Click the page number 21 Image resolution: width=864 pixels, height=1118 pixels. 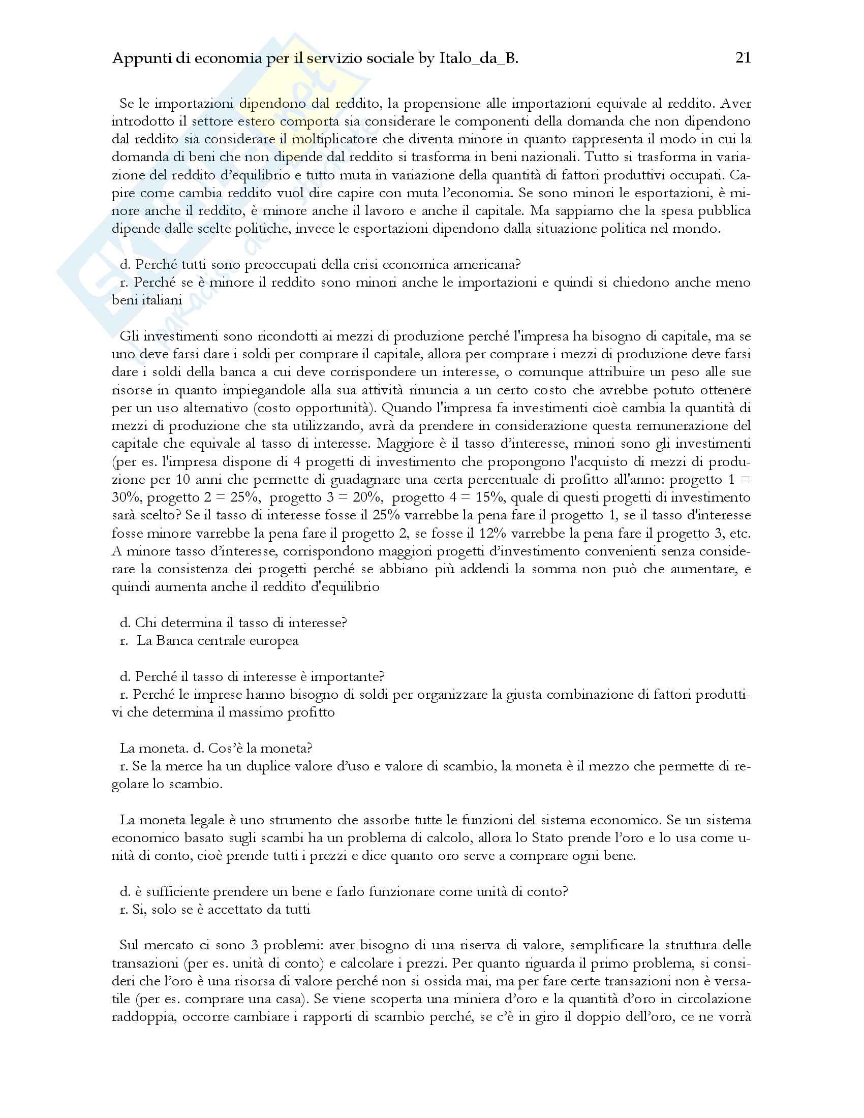pyautogui.click(x=743, y=58)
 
